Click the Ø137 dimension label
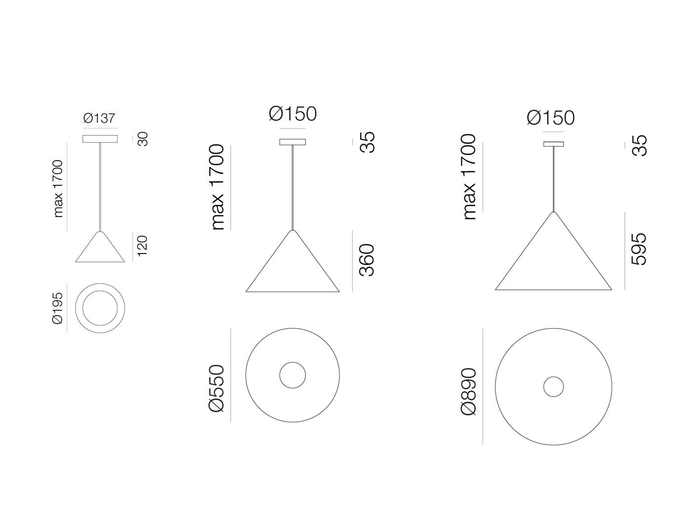[99, 118]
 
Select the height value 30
[142, 139]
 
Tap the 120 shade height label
[142, 246]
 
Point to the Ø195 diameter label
[58, 308]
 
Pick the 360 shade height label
[367, 260]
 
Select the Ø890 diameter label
[468, 391]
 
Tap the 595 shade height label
[639, 249]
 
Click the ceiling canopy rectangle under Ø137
[100, 139]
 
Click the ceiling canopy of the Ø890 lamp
[553, 144]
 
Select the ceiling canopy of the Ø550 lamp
[292, 142]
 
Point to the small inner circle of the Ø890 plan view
[553, 387]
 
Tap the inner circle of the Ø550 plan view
[292, 375]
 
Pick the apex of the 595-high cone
[553, 213]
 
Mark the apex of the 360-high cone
[292, 231]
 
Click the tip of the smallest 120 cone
[100, 232]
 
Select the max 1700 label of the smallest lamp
[58, 188]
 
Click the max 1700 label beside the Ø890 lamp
[469, 177]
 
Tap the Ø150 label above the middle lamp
[292, 114]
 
